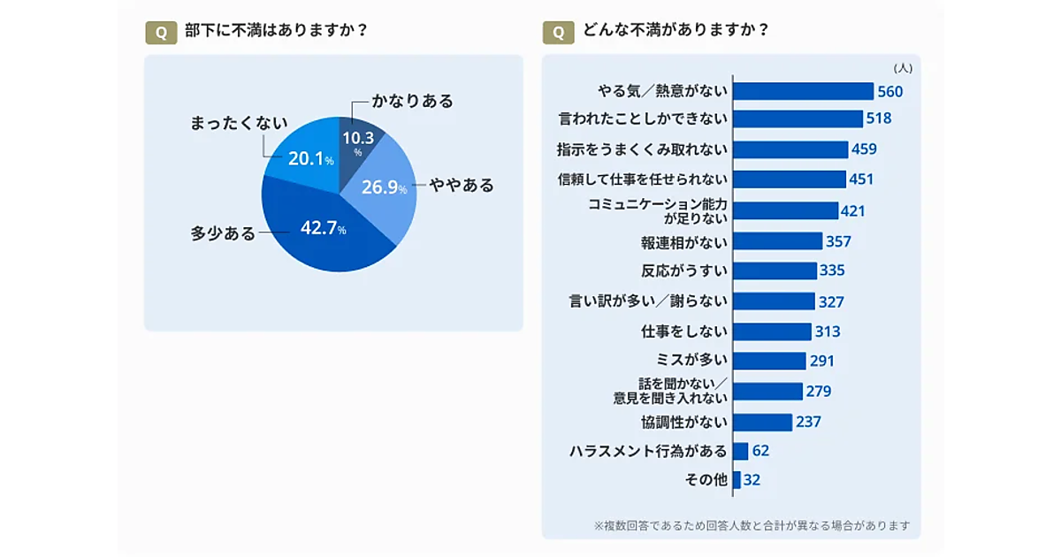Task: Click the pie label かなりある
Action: (412, 101)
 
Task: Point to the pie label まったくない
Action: (239, 124)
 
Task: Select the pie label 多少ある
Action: (223, 233)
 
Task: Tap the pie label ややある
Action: (462, 186)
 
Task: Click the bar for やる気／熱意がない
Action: (803, 91)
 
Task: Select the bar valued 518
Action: (798, 118)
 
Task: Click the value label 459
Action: (864, 149)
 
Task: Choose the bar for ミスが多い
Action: (769, 361)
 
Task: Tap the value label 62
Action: (760, 451)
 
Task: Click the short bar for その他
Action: (737, 480)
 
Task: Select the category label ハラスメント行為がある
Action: (648, 451)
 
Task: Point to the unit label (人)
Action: (903, 67)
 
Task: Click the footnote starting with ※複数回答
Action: (752, 525)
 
